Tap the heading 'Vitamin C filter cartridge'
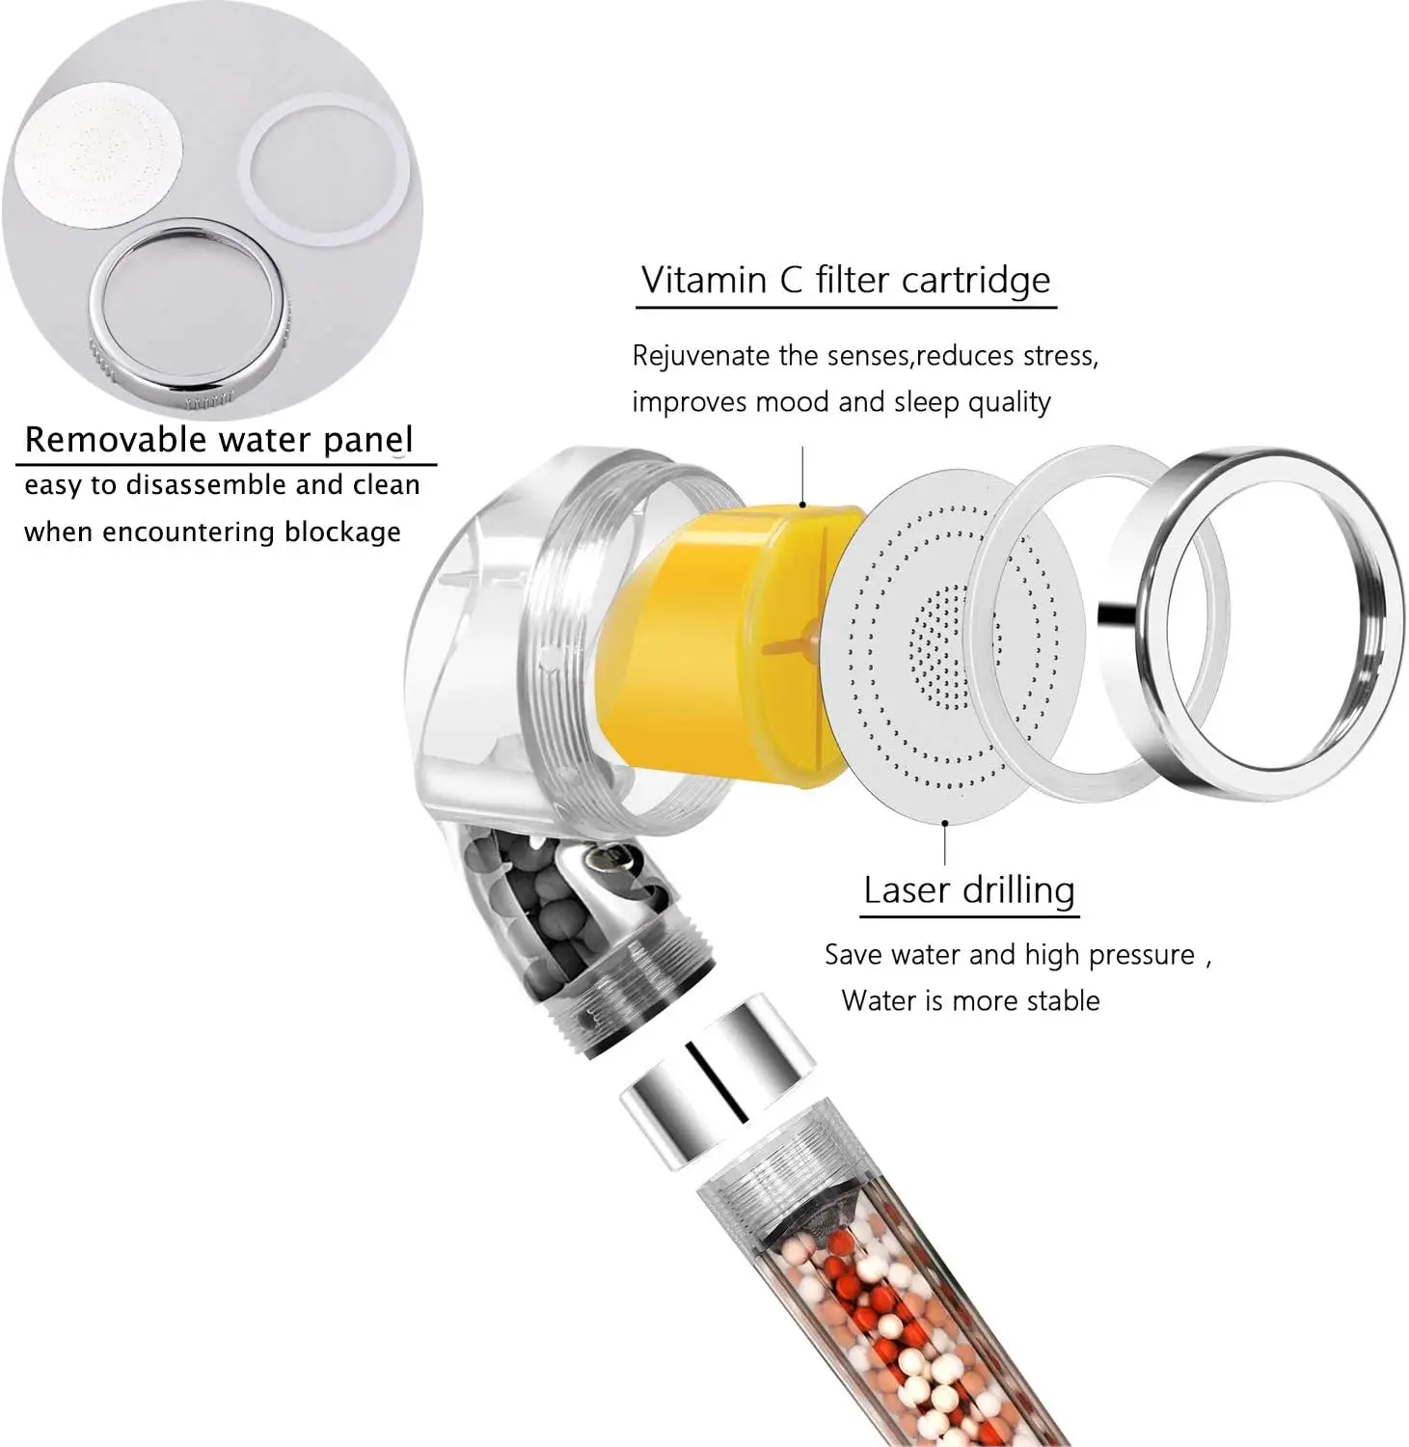click(846, 280)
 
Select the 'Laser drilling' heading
click(969, 889)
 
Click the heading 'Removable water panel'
click(219, 440)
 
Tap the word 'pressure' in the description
click(1143, 955)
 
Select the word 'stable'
click(1062, 1000)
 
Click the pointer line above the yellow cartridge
click(802, 478)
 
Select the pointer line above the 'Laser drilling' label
click(945, 844)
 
